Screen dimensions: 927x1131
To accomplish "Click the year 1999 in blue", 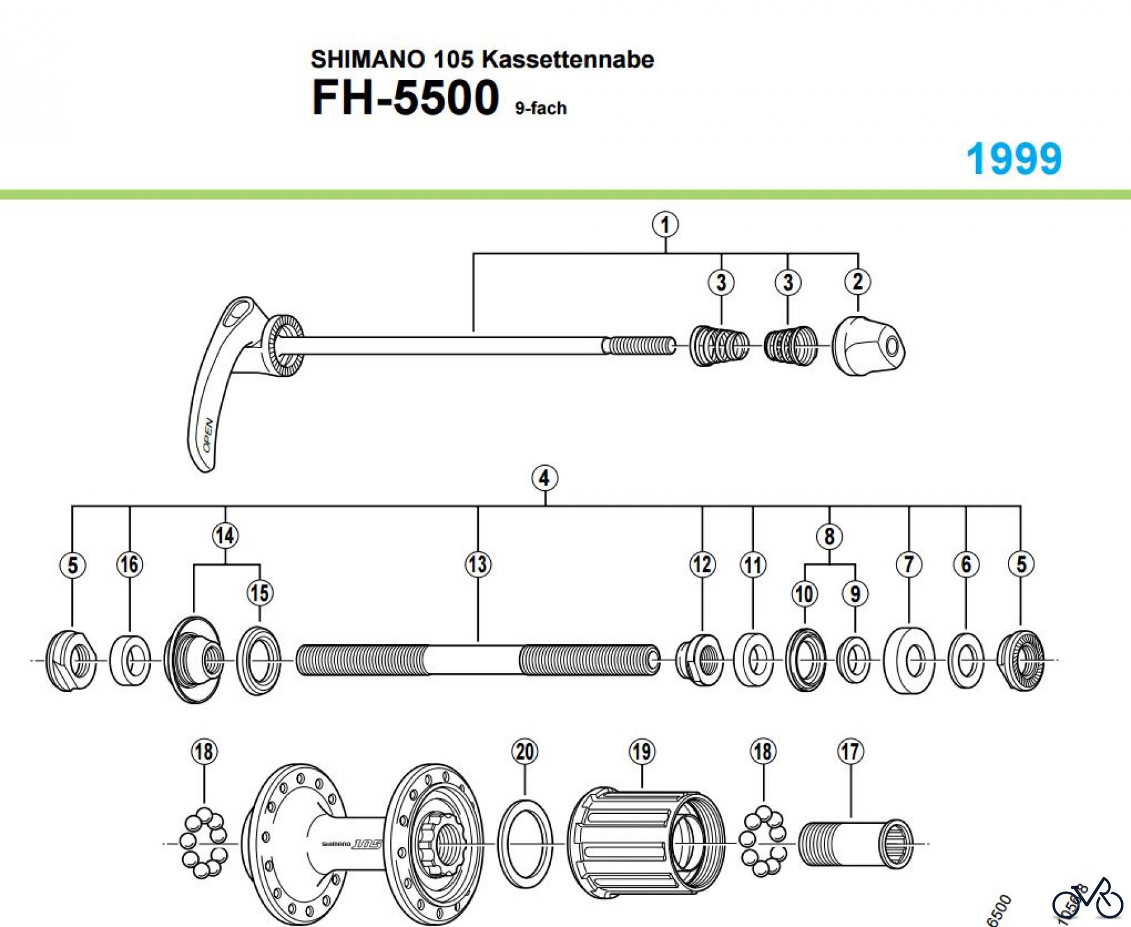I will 1014,159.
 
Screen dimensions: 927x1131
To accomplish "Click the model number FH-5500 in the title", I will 405,98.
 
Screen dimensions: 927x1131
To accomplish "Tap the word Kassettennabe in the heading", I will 568,60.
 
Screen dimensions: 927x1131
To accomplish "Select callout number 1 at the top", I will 665,224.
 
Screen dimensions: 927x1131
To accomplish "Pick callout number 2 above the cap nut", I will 858,282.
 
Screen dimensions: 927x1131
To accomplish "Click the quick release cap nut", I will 868,346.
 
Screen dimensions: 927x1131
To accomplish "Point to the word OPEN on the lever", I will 208,435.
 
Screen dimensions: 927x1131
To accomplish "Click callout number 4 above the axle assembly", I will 544,478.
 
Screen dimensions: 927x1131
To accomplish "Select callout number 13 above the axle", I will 478,564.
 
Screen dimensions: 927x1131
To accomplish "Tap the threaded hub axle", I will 478,661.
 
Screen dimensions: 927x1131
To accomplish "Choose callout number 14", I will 225,535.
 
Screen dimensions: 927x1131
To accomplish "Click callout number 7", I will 909,564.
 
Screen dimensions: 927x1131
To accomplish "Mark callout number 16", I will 129,564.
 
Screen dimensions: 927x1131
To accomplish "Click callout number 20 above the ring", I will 525,752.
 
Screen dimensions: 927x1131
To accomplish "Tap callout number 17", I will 850,752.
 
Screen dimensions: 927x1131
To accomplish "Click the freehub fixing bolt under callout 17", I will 855,844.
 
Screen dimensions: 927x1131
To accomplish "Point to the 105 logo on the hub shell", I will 367,843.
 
